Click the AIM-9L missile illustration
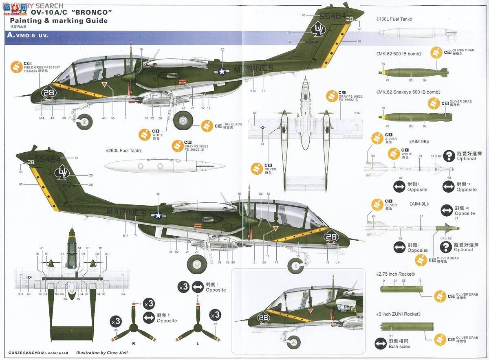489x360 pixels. [412, 228]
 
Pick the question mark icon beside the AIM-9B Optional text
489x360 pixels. [449, 156]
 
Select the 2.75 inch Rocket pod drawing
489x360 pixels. [401, 289]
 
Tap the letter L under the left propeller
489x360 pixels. [198, 344]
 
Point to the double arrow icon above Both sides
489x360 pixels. [381, 344]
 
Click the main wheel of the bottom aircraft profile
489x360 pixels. [197, 264]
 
